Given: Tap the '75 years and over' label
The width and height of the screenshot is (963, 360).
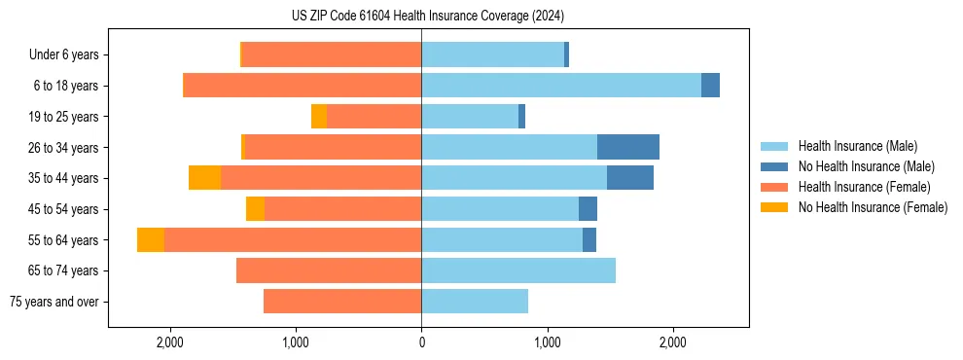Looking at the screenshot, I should pos(53,302).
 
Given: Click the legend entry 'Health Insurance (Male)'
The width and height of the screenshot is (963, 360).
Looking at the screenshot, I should pos(857,146).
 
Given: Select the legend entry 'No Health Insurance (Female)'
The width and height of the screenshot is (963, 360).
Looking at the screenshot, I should pos(873,207).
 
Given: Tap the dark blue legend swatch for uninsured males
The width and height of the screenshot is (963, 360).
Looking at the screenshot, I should pos(775,166).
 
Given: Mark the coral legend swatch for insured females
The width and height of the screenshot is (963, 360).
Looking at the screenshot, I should pos(775,187).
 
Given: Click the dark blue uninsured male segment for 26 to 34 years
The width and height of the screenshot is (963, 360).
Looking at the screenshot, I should pos(628,147).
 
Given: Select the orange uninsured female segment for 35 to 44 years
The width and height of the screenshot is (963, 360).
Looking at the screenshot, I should pos(204,178).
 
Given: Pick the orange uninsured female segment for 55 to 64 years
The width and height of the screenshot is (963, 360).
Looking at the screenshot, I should pos(151,240).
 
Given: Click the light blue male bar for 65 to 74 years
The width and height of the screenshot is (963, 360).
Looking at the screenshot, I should pos(518,270).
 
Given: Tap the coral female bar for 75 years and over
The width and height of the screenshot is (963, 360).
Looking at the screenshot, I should pos(342,302).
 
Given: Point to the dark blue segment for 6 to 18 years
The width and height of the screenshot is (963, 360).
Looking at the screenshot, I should pos(710,86).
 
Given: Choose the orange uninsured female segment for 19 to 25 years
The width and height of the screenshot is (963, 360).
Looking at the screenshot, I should pos(318,117).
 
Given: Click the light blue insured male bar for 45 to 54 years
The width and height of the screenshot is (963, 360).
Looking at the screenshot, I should pos(500,209).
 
